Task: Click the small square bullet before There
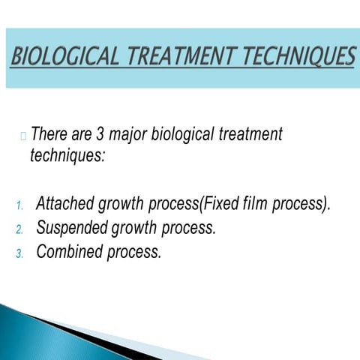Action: [24, 136]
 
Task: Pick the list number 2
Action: [20, 229]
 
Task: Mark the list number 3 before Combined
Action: [20, 253]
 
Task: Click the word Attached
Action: [64, 204]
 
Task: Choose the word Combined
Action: [67, 252]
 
